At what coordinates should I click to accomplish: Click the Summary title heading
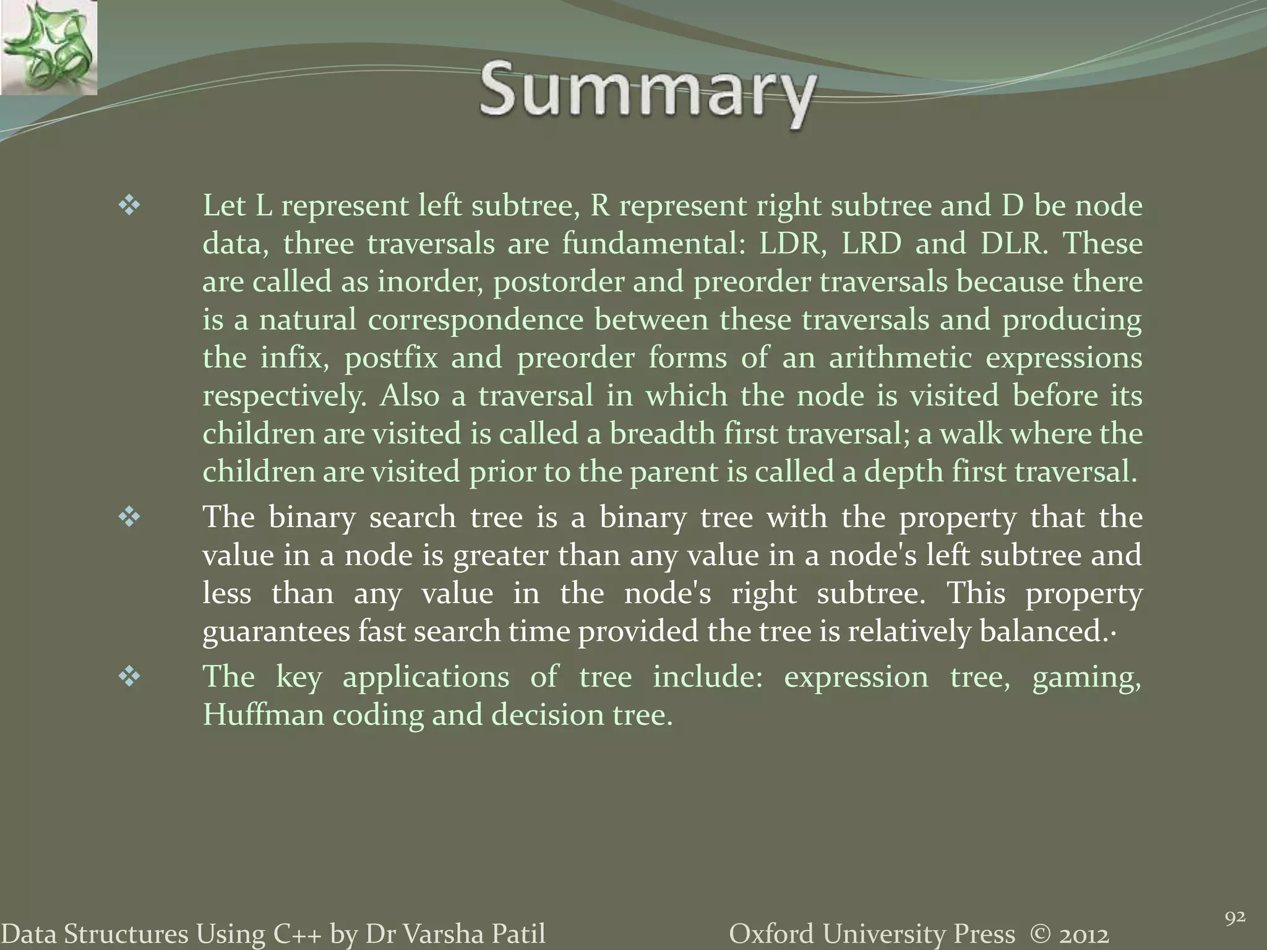click(646, 93)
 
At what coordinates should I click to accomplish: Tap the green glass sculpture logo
click(48, 48)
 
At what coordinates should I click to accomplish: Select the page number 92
click(1235, 918)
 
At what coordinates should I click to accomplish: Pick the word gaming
click(1086, 677)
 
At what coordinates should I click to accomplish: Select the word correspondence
click(476, 320)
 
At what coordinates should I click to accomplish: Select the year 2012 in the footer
click(1082, 934)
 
